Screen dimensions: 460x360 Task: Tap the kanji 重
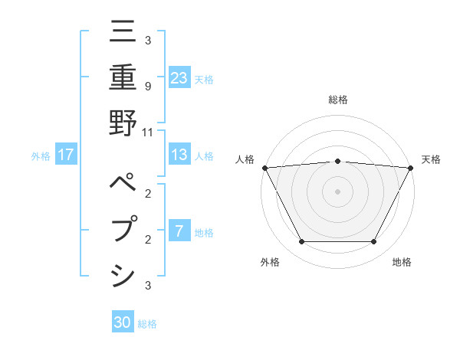pyautogui.click(x=123, y=78)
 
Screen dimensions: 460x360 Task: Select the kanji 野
pyautogui.click(x=123, y=125)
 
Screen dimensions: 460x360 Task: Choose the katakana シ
pyautogui.click(x=123, y=273)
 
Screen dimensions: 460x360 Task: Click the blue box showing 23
pyautogui.click(x=179, y=78)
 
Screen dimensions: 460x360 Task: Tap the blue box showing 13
pyautogui.click(x=179, y=155)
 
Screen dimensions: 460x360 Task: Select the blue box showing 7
pyautogui.click(x=179, y=231)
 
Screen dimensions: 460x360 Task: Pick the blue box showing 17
pyautogui.click(x=66, y=155)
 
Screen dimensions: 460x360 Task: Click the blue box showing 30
pyautogui.click(x=123, y=322)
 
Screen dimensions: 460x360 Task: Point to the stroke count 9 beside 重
pyautogui.click(x=147, y=86)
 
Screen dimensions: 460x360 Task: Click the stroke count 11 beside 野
pyautogui.click(x=148, y=132)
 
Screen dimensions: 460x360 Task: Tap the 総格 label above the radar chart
pyautogui.click(x=338, y=100)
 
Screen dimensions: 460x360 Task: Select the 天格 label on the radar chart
pyautogui.click(x=432, y=159)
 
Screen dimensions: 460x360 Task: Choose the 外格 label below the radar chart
pyautogui.click(x=270, y=262)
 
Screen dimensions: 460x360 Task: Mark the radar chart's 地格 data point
pyautogui.click(x=374, y=242)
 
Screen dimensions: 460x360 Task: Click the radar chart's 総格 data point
pyautogui.click(x=338, y=161)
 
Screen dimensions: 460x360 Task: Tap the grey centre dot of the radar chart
pyautogui.click(x=338, y=191)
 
